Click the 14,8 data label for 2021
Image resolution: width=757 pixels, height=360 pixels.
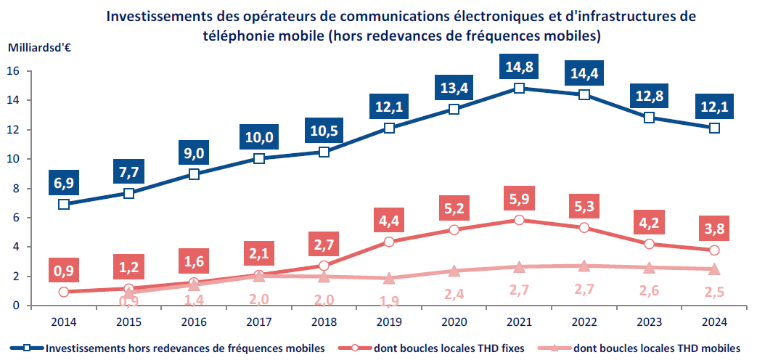click(x=518, y=68)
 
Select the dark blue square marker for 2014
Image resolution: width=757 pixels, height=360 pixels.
click(x=64, y=204)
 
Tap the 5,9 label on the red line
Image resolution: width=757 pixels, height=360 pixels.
click(x=518, y=197)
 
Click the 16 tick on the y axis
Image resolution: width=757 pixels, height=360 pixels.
click(x=13, y=71)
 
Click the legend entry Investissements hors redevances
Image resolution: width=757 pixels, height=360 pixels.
click(x=184, y=348)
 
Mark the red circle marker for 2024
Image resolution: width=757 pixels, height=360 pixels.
click(x=714, y=250)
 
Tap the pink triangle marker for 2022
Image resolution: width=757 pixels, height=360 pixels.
click(x=584, y=266)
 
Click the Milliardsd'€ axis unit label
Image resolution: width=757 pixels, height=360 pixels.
click(x=39, y=49)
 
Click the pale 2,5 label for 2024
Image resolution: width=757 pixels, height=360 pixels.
click(x=714, y=294)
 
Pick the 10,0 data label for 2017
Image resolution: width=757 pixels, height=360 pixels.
click(x=258, y=137)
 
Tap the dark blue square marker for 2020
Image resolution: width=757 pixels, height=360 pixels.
click(x=454, y=109)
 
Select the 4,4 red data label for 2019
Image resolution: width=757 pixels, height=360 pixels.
click(x=388, y=219)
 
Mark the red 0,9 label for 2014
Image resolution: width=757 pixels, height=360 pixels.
click(x=64, y=271)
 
